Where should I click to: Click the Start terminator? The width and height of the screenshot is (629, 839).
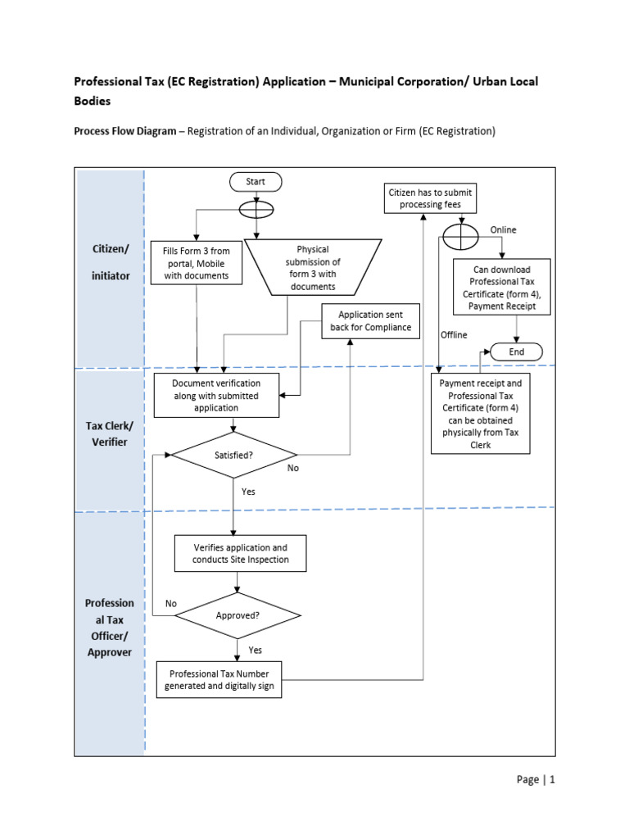(x=256, y=181)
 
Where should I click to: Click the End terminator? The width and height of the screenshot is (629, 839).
(x=516, y=351)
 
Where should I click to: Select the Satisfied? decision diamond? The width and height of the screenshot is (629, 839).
(x=233, y=454)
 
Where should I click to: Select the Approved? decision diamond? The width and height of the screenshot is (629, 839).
(x=238, y=614)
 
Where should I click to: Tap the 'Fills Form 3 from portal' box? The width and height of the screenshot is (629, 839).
(x=197, y=262)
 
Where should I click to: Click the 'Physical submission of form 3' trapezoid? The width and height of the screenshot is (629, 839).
(x=312, y=267)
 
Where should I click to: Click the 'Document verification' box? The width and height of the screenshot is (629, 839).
(x=217, y=395)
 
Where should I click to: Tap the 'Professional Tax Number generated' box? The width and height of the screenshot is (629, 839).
(x=219, y=679)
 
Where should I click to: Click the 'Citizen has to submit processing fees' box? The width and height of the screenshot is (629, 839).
(x=430, y=197)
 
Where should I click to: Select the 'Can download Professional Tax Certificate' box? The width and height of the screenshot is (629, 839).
(x=502, y=288)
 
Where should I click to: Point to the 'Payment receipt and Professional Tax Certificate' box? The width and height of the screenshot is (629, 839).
(x=481, y=414)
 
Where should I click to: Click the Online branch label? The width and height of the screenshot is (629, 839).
(x=503, y=230)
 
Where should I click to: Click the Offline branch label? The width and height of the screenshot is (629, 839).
(x=454, y=334)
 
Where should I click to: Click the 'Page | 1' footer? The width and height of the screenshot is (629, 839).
(x=536, y=779)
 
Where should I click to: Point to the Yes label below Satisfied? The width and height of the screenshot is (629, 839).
(x=248, y=492)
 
